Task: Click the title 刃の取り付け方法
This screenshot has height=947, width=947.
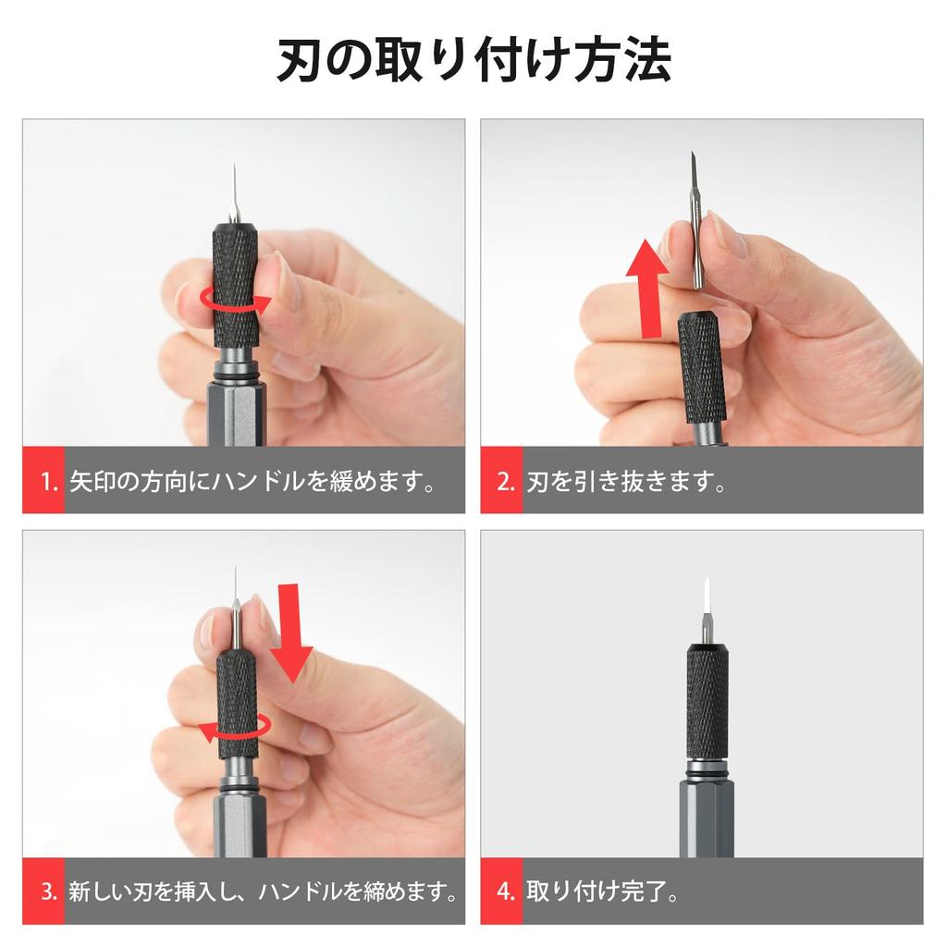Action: tap(473, 61)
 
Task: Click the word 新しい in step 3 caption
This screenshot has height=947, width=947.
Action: tap(109, 892)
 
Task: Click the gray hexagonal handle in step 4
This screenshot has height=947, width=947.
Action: tap(707, 818)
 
